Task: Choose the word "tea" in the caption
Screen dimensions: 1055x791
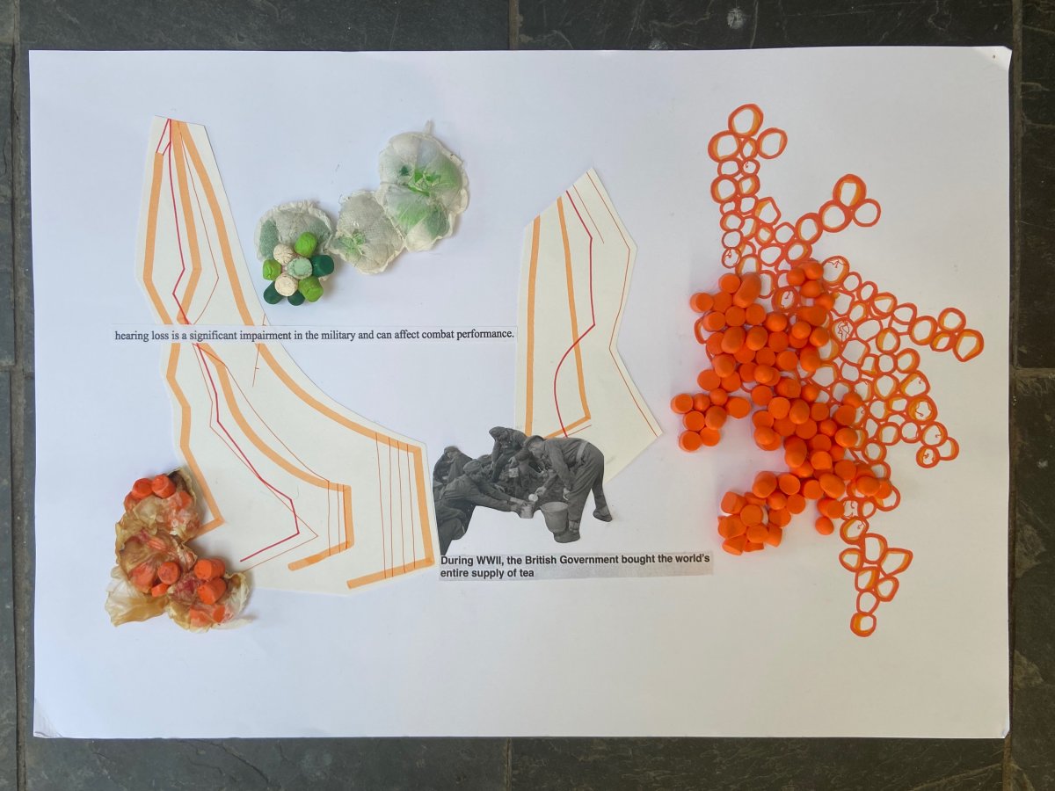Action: [x=526, y=572]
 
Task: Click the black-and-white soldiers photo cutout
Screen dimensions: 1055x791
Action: [x=522, y=489]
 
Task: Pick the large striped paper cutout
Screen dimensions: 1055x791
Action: [x=269, y=384]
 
